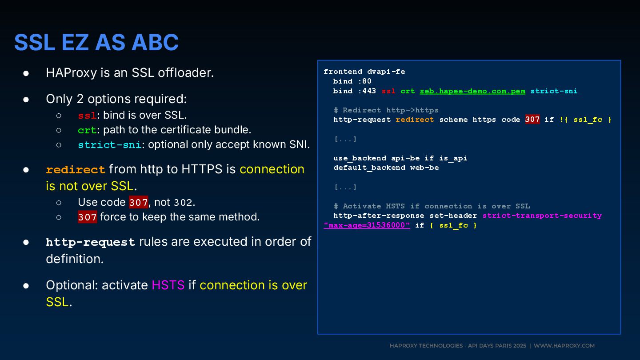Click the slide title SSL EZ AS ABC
(x=96, y=43)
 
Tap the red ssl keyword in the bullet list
(x=87, y=116)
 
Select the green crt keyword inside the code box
(x=407, y=91)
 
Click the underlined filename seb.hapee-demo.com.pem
(x=472, y=91)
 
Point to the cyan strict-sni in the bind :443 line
(x=553, y=91)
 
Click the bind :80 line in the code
(x=352, y=81)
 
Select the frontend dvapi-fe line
(x=364, y=72)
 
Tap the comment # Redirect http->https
(x=386, y=110)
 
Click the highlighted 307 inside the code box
(x=532, y=120)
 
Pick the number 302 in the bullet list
(x=183, y=203)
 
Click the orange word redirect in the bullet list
(x=76, y=170)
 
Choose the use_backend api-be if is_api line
(x=400, y=158)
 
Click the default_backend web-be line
(x=386, y=168)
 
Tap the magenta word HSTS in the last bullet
(x=168, y=285)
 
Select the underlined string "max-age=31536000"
(x=367, y=225)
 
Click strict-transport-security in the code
(x=542, y=216)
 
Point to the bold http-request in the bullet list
(x=91, y=242)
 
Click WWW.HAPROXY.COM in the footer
(x=564, y=346)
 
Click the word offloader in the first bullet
(x=186, y=72)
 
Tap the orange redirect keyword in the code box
(x=414, y=120)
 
